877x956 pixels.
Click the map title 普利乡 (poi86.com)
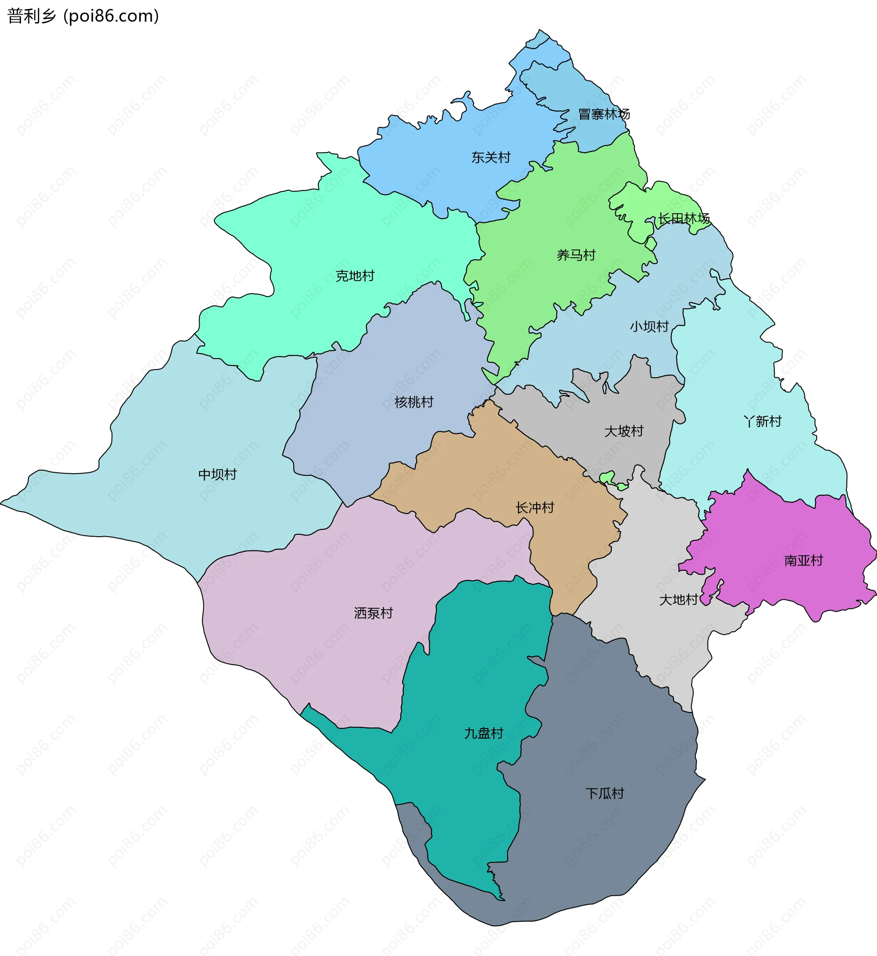83,16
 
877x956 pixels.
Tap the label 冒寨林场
604,114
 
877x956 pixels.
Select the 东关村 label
491,158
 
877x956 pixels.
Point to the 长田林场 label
683,219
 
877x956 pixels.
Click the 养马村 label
576,255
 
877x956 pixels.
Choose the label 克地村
355,276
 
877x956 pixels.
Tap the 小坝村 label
649,327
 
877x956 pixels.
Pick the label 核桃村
414,402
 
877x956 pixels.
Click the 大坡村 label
623,431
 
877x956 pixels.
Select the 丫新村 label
762,421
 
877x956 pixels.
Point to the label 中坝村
217,475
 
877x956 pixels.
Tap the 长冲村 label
535,507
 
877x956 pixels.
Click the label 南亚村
803,561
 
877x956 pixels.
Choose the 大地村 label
679,600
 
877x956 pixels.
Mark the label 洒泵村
374,613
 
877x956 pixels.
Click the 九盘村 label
484,733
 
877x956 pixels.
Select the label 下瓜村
605,793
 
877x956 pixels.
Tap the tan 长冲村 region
498,475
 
